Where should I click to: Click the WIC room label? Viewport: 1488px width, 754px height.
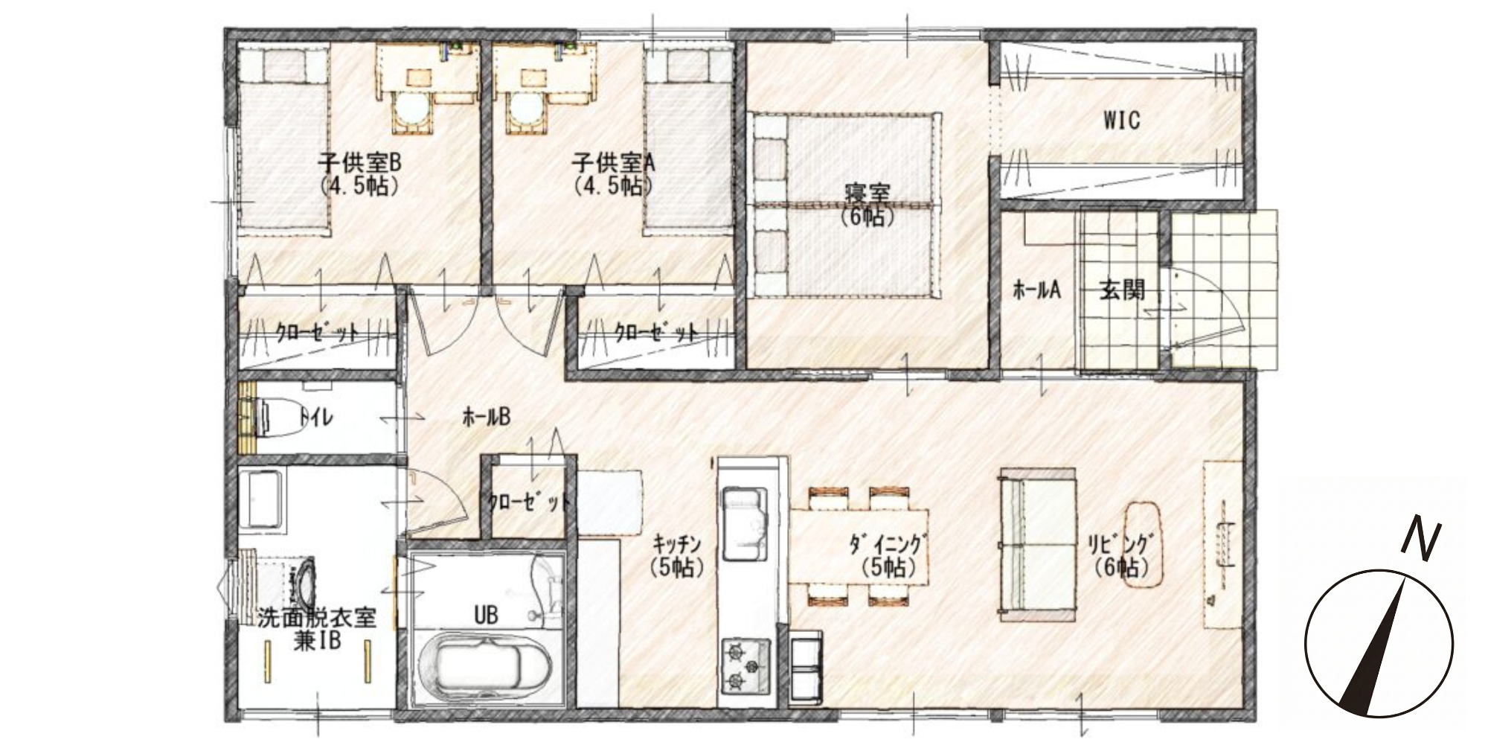coord(1121,121)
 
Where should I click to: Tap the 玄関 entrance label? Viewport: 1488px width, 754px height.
coord(1122,290)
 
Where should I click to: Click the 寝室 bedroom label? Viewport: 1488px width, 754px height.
coord(868,194)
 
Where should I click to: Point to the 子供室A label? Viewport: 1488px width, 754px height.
coord(613,161)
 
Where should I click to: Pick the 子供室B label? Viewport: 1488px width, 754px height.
coord(360,161)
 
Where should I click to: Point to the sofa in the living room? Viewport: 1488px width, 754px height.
coord(1036,545)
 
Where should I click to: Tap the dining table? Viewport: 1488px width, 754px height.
coord(859,546)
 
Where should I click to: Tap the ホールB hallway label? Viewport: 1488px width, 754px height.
coord(487,418)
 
